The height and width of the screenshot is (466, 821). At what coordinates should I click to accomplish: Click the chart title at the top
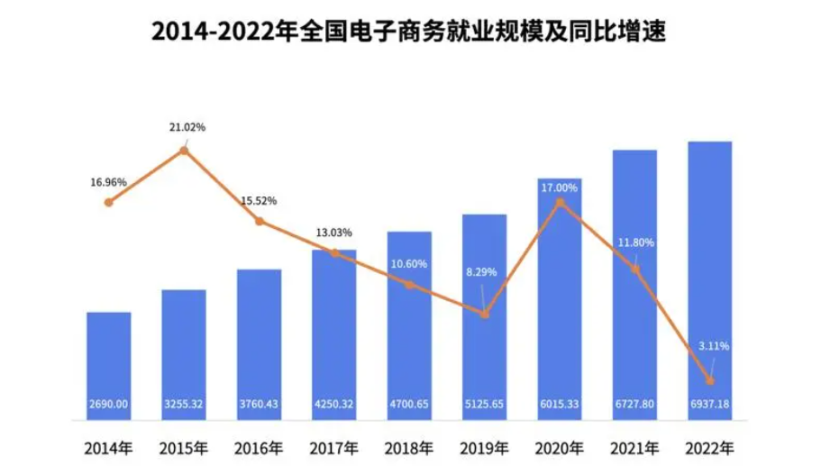tap(410, 33)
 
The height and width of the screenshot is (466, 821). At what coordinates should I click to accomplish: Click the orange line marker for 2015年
tap(184, 151)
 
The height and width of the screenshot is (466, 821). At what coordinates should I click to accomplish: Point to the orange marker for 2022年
tap(710, 380)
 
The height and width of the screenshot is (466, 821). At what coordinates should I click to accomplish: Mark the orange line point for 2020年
tap(560, 202)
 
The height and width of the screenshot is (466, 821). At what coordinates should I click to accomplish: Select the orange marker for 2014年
tap(109, 202)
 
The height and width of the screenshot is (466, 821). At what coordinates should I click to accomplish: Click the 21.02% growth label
tap(187, 127)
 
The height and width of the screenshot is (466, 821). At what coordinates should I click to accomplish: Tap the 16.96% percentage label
tap(108, 182)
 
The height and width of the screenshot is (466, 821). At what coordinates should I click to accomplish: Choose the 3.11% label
tap(712, 345)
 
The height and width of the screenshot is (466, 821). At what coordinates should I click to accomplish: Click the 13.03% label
tap(333, 232)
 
